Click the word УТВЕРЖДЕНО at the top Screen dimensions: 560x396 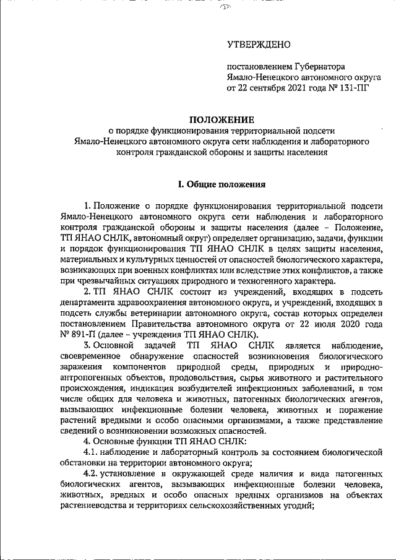[x=259, y=45]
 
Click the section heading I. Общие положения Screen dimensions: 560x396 [x=221, y=184]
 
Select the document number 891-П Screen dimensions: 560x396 [x=83, y=333]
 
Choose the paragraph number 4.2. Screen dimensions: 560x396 [x=92, y=475]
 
